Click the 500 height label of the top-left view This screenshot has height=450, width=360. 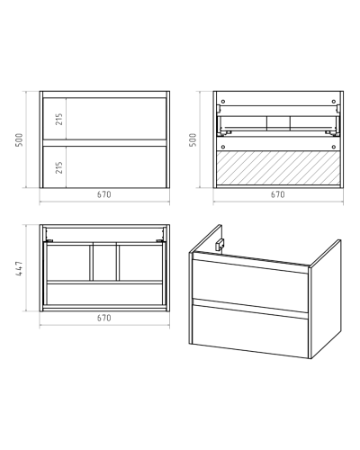(x=19, y=139)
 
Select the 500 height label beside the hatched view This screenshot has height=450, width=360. (x=193, y=139)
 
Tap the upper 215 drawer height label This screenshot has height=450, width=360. (x=59, y=119)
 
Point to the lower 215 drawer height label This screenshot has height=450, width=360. (x=59, y=167)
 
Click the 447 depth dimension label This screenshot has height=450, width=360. (x=19, y=268)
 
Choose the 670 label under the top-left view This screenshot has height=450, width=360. (x=104, y=194)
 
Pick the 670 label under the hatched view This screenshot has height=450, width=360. (x=278, y=194)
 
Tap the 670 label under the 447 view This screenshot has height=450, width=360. (x=104, y=318)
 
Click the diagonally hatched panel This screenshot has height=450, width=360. (x=278, y=167)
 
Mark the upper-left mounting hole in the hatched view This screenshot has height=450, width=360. (x=222, y=102)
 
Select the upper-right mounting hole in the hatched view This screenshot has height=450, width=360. (x=334, y=102)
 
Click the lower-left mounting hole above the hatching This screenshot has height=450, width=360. (x=222, y=147)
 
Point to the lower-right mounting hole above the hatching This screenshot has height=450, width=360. (x=334, y=147)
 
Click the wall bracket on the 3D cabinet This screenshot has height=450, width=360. (x=220, y=244)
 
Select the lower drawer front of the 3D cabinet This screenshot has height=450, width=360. (x=250, y=331)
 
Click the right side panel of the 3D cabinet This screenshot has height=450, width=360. (x=326, y=299)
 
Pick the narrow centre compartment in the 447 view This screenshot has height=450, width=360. (x=104, y=263)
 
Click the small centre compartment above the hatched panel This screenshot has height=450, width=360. (x=278, y=123)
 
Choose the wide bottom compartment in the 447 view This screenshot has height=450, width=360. (x=104, y=294)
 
